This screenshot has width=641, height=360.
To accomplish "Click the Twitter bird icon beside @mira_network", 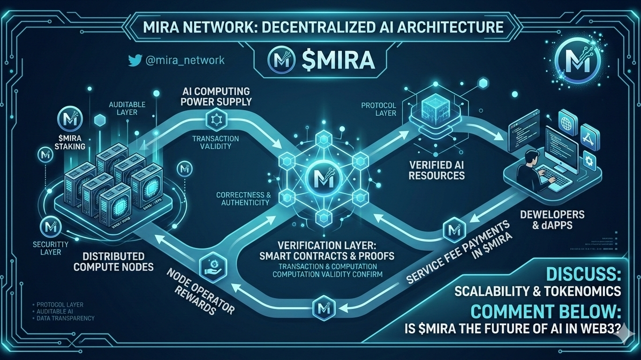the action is pyautogui.click(x=135, y=60).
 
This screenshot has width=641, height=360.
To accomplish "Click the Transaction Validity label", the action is pyautogui.click(x=215, y=142).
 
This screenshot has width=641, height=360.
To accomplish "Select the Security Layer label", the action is pyautogui.click(x=51, y=248).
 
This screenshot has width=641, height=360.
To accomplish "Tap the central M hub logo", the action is pyautogui.click(x=322, y=178).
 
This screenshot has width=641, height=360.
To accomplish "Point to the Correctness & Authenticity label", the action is pyautogui.click(x=243, y=198).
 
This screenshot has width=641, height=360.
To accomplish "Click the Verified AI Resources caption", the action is pyautogui.click(x=437, y=170).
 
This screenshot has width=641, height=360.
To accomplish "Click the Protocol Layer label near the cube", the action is pyautogui.click(x=378, y=109).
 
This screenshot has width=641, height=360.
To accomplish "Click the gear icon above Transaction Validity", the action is pyautogui.click(x=216, y=120).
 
